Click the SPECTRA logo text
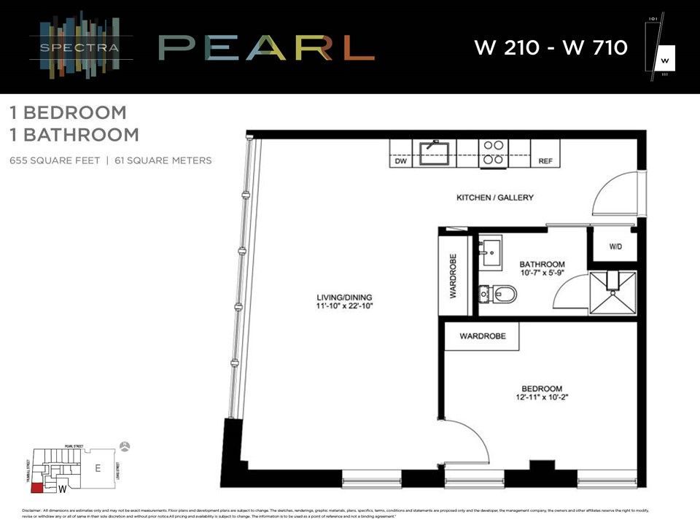[81, 50]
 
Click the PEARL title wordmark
[266, 48]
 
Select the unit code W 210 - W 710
[551, 48]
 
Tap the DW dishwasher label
[400, 162]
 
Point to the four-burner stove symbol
[493, 152]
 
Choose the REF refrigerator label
[545, 162]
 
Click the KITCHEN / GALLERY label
[495, 198]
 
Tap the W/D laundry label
[616, 247]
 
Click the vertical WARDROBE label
[453, 277]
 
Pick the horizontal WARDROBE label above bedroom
[483, 337]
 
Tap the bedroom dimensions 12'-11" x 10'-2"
[542, 398]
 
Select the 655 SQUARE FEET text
[53, 160]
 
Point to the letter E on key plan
[98, 469]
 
